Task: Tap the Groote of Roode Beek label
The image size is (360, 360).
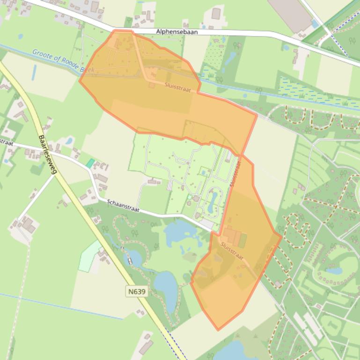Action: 63,61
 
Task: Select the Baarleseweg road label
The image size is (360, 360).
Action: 48,154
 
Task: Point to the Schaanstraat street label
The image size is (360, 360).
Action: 123,206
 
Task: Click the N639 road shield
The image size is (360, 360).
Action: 137,292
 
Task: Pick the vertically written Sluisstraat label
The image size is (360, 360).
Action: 235,173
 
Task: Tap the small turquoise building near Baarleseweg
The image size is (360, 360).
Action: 90,163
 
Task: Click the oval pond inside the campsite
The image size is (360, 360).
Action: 215,198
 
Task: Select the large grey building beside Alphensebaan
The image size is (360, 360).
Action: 290,14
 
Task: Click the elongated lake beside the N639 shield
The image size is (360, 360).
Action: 165,283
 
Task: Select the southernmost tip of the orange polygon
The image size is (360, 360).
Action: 217,330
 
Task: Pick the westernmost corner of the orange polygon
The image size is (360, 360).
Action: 79,80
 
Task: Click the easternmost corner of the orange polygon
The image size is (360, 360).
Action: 281,236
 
